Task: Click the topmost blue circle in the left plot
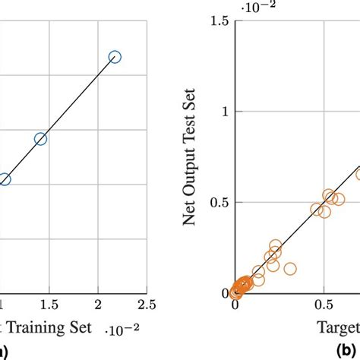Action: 115,56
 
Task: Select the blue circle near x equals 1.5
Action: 40,139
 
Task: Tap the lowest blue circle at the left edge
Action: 4,180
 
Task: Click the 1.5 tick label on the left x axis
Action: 50,305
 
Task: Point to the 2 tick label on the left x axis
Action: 97,305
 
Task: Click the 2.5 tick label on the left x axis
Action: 144,305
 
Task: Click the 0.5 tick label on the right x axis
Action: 325,305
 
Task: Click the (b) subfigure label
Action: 349,352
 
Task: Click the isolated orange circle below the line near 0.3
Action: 289,269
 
